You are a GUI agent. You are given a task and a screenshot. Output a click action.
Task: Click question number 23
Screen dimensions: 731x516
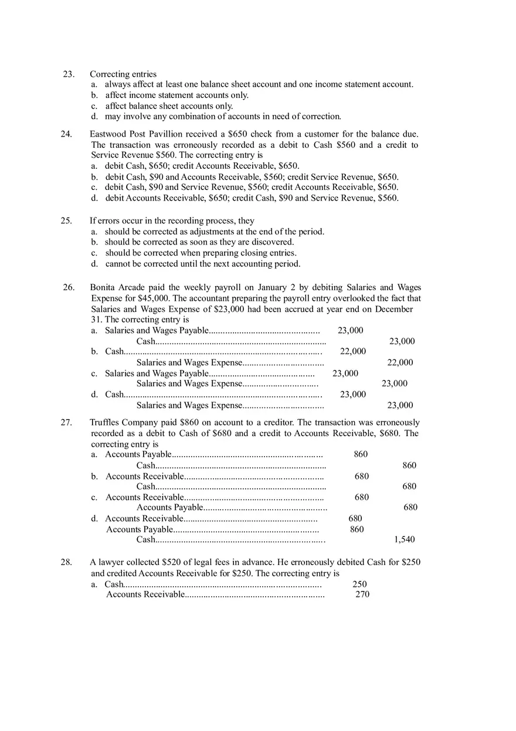[69, 74]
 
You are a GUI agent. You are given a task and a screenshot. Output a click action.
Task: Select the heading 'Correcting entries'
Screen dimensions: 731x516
[123, 74]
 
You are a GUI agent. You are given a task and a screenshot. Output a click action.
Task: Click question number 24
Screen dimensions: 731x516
[66, 134]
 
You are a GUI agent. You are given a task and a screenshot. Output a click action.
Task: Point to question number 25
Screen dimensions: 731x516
[66, 221]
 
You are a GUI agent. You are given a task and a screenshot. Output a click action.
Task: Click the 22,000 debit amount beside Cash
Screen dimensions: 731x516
[352, 351]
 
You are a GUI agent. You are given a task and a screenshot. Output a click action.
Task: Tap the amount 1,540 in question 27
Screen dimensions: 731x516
[405, 539]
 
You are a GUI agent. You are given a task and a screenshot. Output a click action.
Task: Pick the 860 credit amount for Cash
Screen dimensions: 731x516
[409, 465]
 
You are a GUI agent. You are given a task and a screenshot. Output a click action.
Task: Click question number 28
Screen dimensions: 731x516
[66, 562]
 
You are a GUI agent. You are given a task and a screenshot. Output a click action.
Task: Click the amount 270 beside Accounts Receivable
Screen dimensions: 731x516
[362, 594]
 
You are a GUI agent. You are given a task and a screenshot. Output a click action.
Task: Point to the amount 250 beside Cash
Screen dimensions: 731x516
[359, 584]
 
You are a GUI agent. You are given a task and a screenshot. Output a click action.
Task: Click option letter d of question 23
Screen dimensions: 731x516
[94, 117]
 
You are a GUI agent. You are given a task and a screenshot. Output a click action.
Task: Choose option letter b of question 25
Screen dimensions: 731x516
[94, 242]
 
